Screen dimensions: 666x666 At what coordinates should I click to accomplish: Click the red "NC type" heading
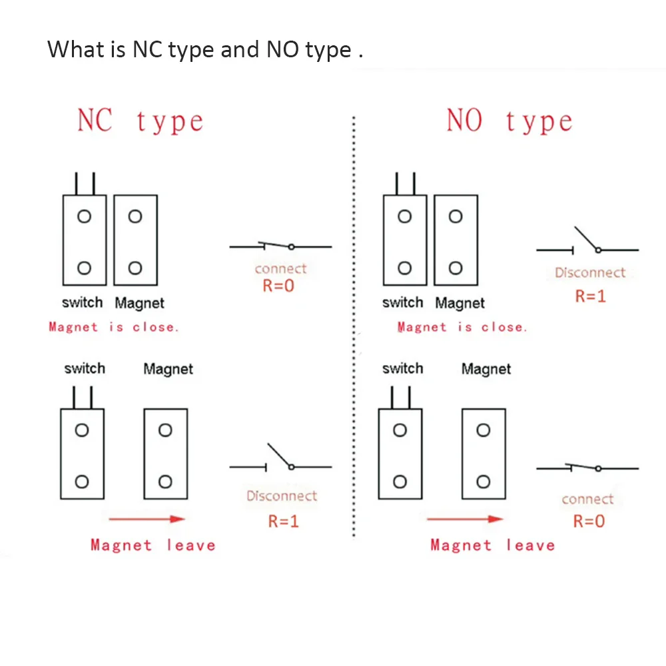pyautogui.click(x=141, y=121)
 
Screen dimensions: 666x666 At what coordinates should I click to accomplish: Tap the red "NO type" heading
pyautogui.click(x=509, y=121)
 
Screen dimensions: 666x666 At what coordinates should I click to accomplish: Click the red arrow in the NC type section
pyautogui.click(x=147, y=519)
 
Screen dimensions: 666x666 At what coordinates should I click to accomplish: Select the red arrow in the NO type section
pyautogui.click(x=465, y=519)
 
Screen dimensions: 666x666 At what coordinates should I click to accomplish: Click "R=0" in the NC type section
pyautogui.click(x=278, y=286)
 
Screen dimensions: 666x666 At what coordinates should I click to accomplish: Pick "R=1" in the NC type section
pyautogui.click(x=284, y=521)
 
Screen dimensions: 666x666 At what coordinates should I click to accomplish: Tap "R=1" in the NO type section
pyautogui.click(x=591, y=296)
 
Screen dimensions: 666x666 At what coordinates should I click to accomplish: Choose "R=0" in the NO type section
pyautogui.click(x=589, y=521)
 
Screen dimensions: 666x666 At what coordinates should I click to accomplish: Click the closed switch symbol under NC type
pyautogui.click(x=280, y=246)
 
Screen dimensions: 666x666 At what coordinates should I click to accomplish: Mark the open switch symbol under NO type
pyautogui.click(x=587, y=244)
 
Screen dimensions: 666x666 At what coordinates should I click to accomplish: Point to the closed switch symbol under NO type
pyautogui.click(x=587, y=468)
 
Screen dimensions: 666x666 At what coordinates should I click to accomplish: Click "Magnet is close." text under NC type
pyautogui.click(x=114, y=327)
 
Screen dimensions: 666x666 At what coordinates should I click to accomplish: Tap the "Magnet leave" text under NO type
pyautogui.click(x=492, y=545)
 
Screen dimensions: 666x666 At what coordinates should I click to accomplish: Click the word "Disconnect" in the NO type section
pyautogui.click(x=590, y=272)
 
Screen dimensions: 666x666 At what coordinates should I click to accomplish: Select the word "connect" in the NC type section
pyautogui.click(x=280, y=269)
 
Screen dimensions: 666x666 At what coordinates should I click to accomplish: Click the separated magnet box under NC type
pyautogui.click(x=166, y=454)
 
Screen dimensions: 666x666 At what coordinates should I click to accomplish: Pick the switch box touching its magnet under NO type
pyautogui.click(x=405, y=240)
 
